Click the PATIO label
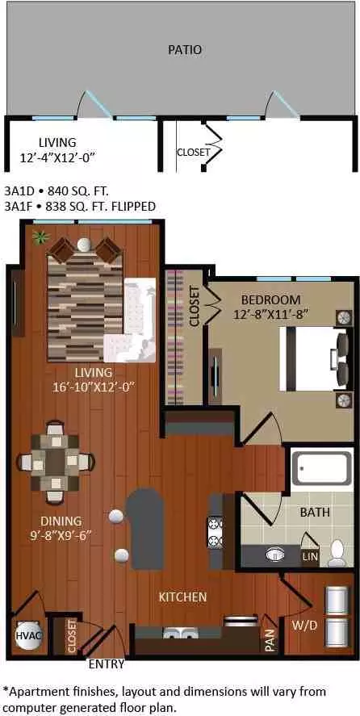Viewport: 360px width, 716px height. point(185,50)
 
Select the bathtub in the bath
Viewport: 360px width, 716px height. point(321,469)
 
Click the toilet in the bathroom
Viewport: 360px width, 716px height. point(338,553)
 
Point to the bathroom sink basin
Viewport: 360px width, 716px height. point(275,555)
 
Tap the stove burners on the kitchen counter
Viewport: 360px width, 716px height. point(216,531)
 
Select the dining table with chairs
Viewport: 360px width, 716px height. point(55,462)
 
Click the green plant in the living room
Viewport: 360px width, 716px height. point(40,237)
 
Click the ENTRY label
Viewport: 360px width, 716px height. point(107,664)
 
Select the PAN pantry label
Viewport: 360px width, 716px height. point(270,640)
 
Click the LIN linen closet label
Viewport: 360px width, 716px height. point(311,557)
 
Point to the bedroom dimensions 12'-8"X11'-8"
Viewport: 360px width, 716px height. point(270,314)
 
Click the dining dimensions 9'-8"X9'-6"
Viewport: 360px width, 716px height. point(61,534)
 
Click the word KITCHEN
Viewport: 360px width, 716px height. point(182,597)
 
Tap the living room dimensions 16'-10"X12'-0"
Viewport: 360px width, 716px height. point(95,387)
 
